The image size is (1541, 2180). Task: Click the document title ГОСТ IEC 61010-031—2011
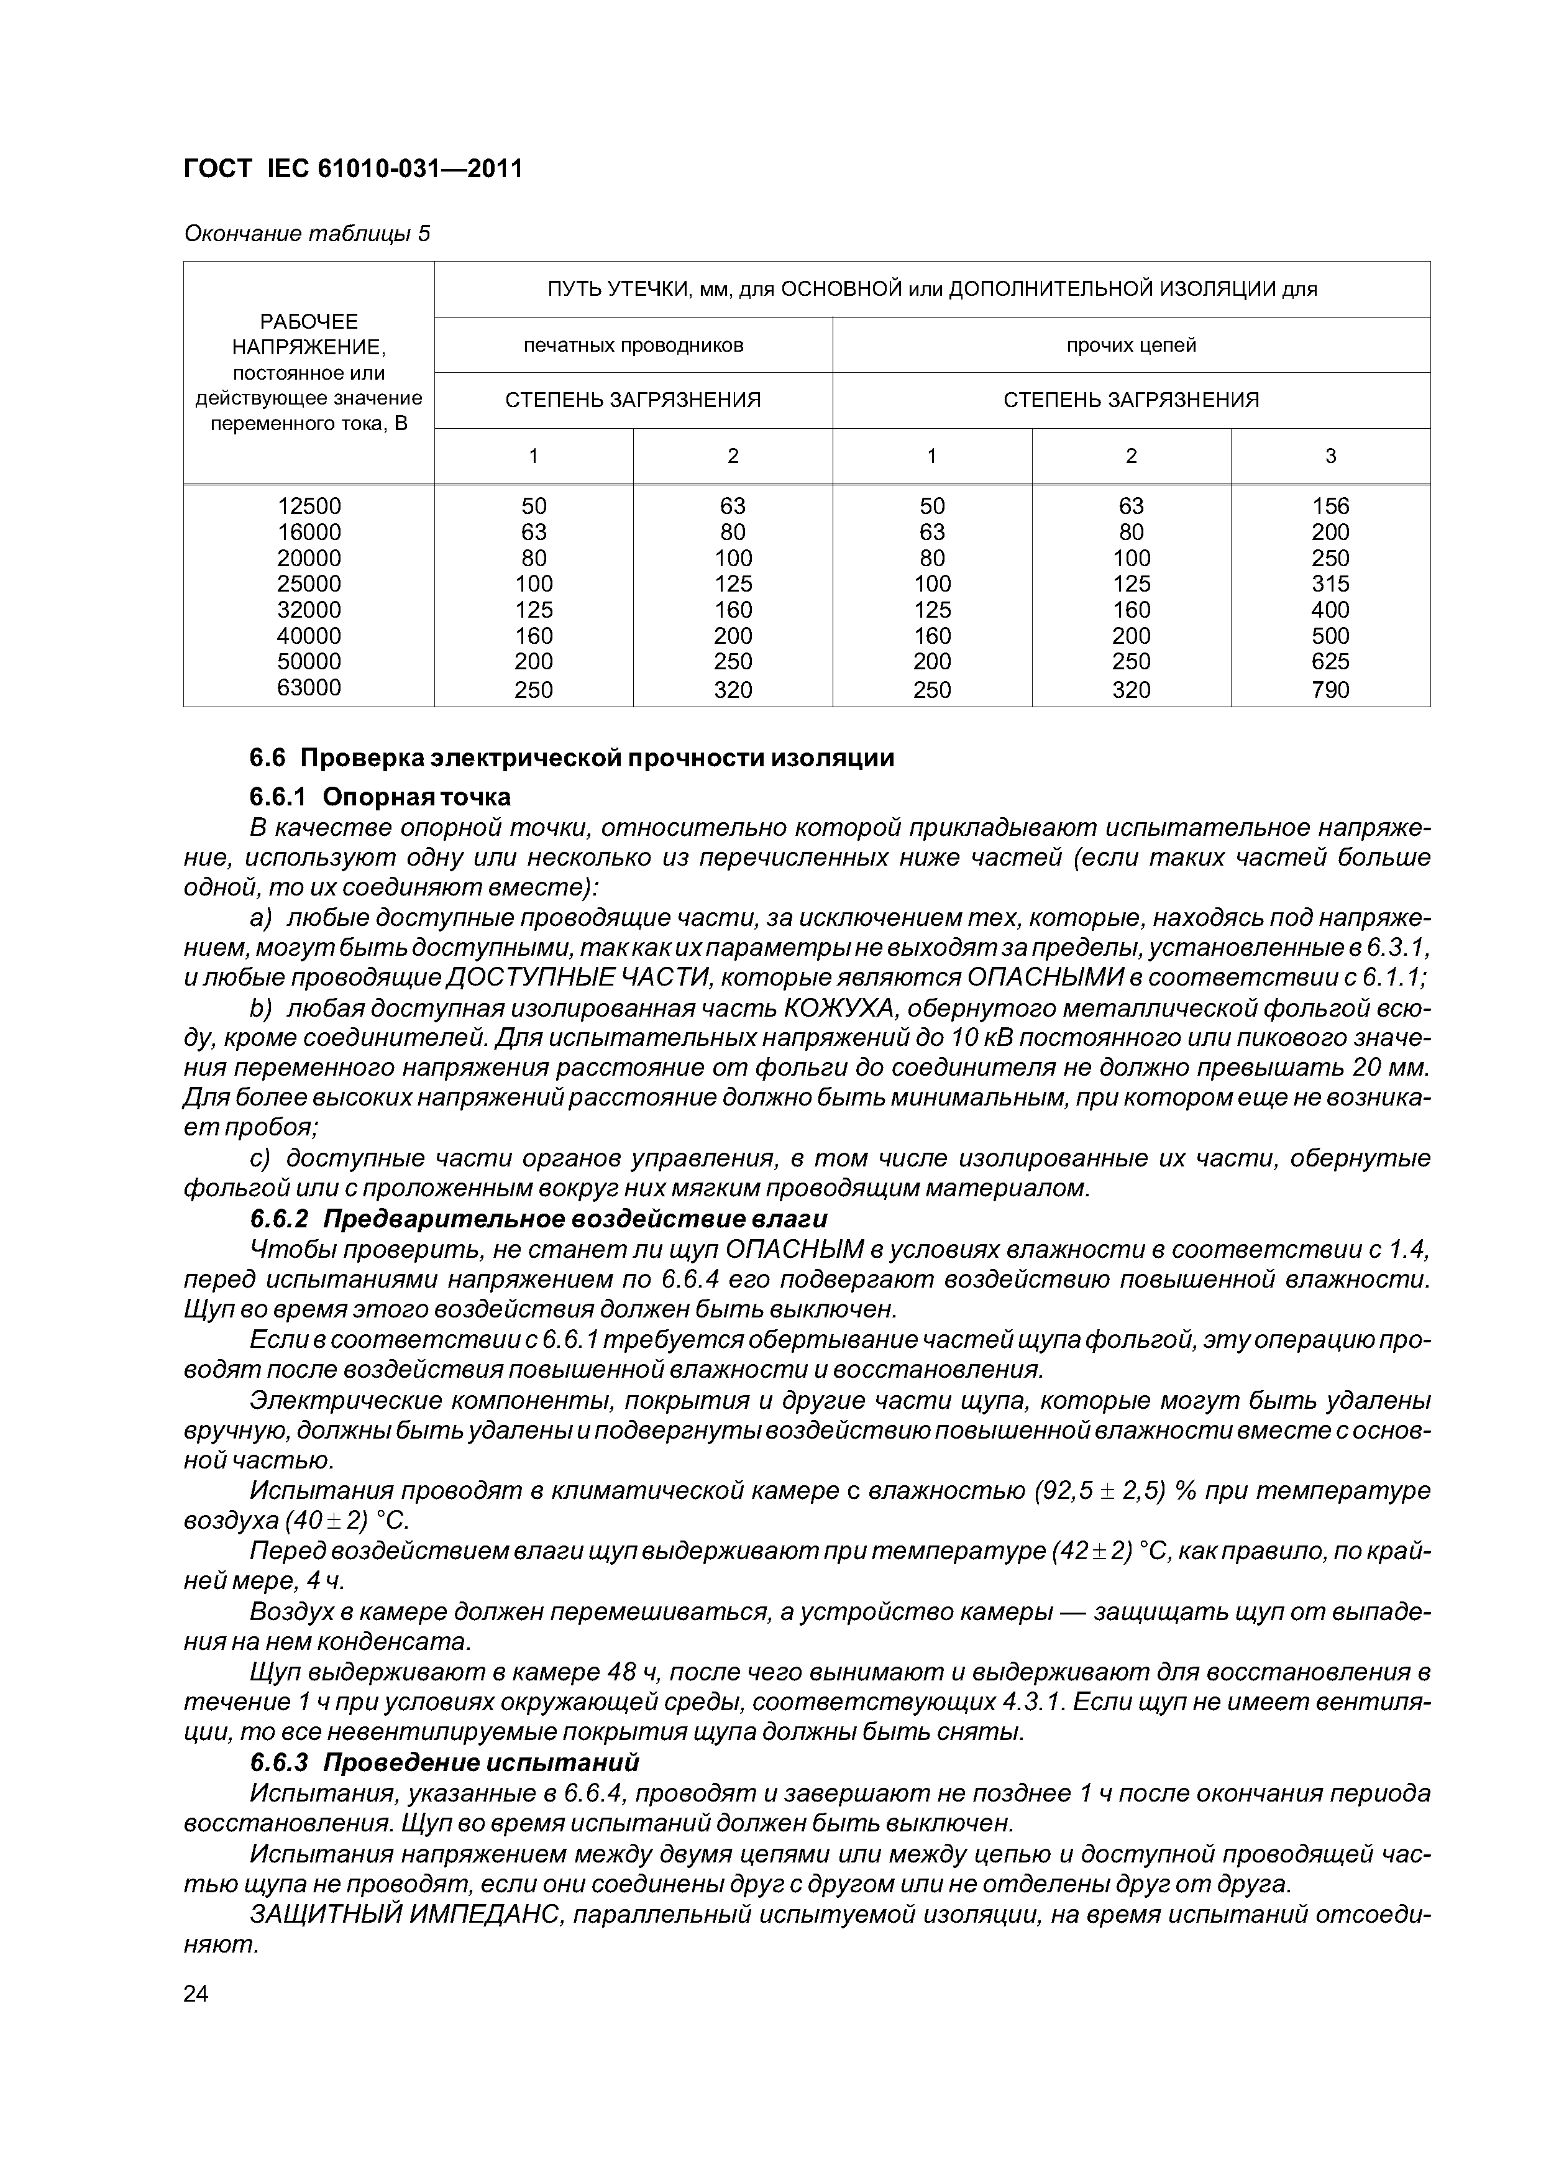pyautogui.click(x=352, y=169)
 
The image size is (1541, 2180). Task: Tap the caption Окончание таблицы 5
pyautogui.click(x=306, y=234)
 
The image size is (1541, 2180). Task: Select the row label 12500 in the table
pyautogui.click(x=309, y=506)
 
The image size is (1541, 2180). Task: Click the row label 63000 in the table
pyautogui.click(x=309, y=687)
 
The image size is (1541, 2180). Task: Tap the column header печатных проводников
pyautogui.click(x=633, y=346)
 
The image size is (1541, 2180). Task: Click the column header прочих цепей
pyautogui.click(x=1131, y=346)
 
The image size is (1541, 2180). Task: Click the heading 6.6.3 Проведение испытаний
pyautogui.click(x=444, y=1762)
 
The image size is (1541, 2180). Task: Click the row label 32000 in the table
pyautogui.click(x=309, y=610)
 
